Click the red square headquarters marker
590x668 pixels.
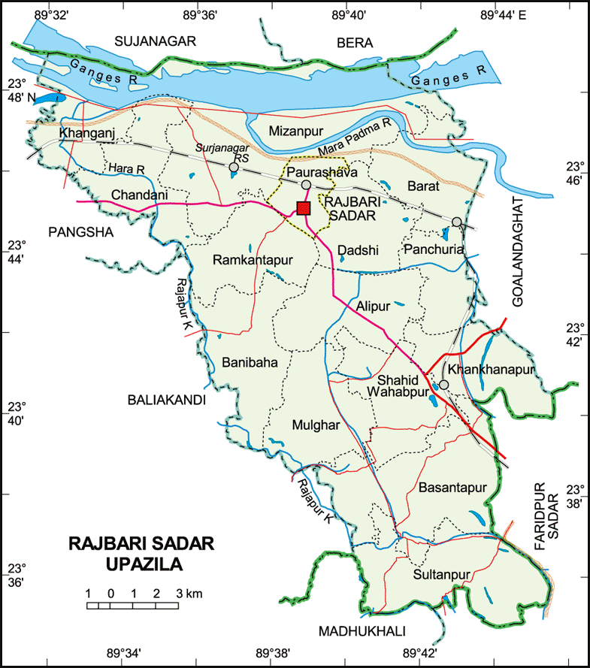[x=304, y=208]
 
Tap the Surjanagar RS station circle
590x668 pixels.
[x=234, y=168]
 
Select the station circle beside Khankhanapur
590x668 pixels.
[x=443, y=385]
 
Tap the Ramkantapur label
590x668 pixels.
[x=252, y=260]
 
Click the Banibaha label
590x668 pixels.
[x=250, y=362]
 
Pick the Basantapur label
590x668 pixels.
[x=453, y=487]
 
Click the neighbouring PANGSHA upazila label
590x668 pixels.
[x=80, y=233]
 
